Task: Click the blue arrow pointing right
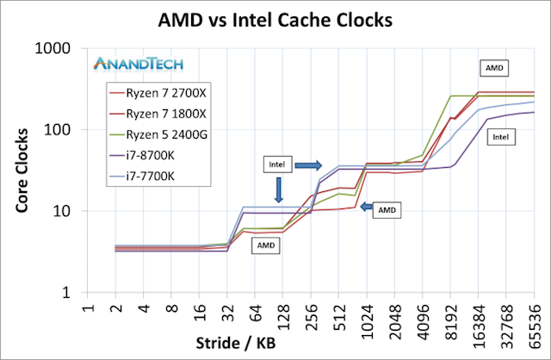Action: tap(308, 164)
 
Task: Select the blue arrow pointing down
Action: tap(279, 189)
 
